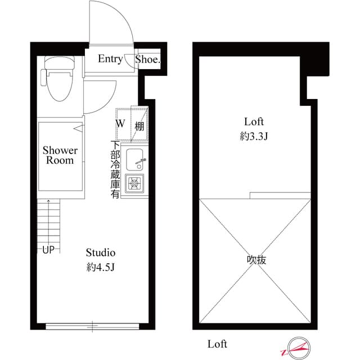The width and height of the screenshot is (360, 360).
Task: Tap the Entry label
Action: (110, 59)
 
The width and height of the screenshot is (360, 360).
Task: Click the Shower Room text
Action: (60, 155)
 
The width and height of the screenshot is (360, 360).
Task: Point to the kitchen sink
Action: (136, 161)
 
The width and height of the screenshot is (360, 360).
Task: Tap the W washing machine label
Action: (121, 123)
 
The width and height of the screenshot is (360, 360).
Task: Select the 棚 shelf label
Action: (138, 124)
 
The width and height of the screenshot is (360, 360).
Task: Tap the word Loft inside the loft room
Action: (254, 121)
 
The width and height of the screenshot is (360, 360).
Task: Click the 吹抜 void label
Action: (256, 260)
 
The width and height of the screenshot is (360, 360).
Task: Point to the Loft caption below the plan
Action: (217, 343)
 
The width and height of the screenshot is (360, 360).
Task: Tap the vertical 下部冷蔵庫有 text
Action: (115, 169)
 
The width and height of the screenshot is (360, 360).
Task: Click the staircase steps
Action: (48, 222)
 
